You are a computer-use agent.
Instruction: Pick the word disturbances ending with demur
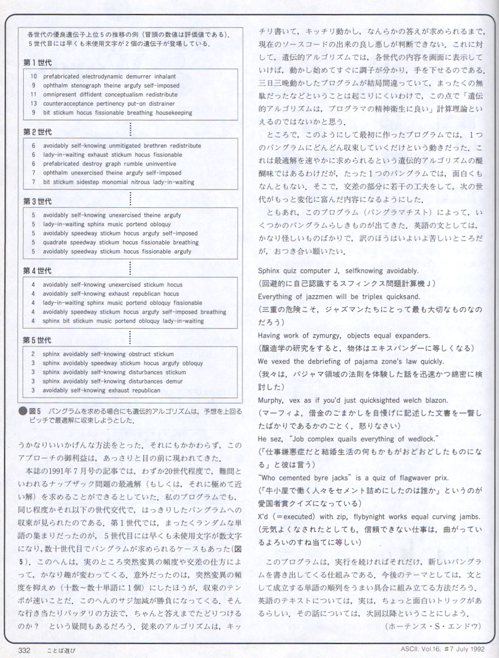pyautogui.click(x=145, y=381)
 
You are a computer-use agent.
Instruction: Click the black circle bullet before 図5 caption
pyautogui.click(x=23, y=410)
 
